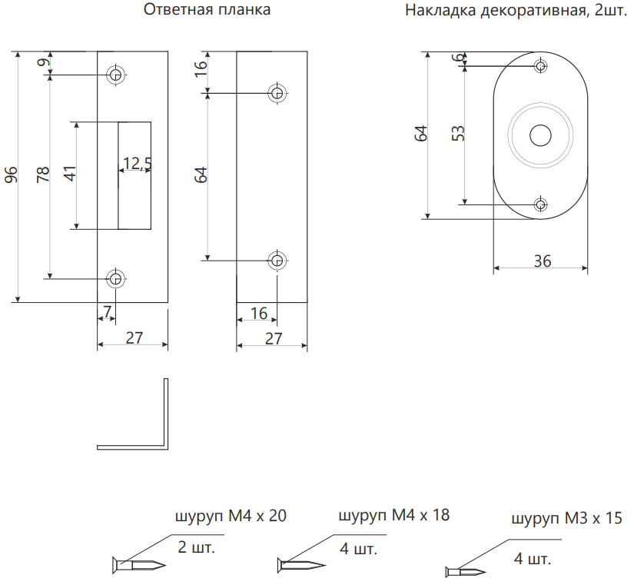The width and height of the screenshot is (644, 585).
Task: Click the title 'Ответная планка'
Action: click(x=207, y=11)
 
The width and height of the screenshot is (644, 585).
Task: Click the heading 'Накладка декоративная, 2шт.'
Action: click(x=515, y=11)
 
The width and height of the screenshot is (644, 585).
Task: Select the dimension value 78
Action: click(x=43, y=175)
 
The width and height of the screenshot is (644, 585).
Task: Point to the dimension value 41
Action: click(x=71, y=174)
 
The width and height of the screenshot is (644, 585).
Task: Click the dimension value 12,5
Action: click(x=137, y=163)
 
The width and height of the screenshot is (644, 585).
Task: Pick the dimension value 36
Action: click(x=542, y=261)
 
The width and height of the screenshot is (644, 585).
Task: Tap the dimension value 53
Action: click(x=459, y=132)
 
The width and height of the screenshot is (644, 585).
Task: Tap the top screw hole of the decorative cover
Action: click(x=540, y=66)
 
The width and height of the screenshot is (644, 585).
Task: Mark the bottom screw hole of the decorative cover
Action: click(x=540, y=204)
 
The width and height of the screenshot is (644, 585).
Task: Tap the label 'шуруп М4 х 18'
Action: click(x=393, y=515)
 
